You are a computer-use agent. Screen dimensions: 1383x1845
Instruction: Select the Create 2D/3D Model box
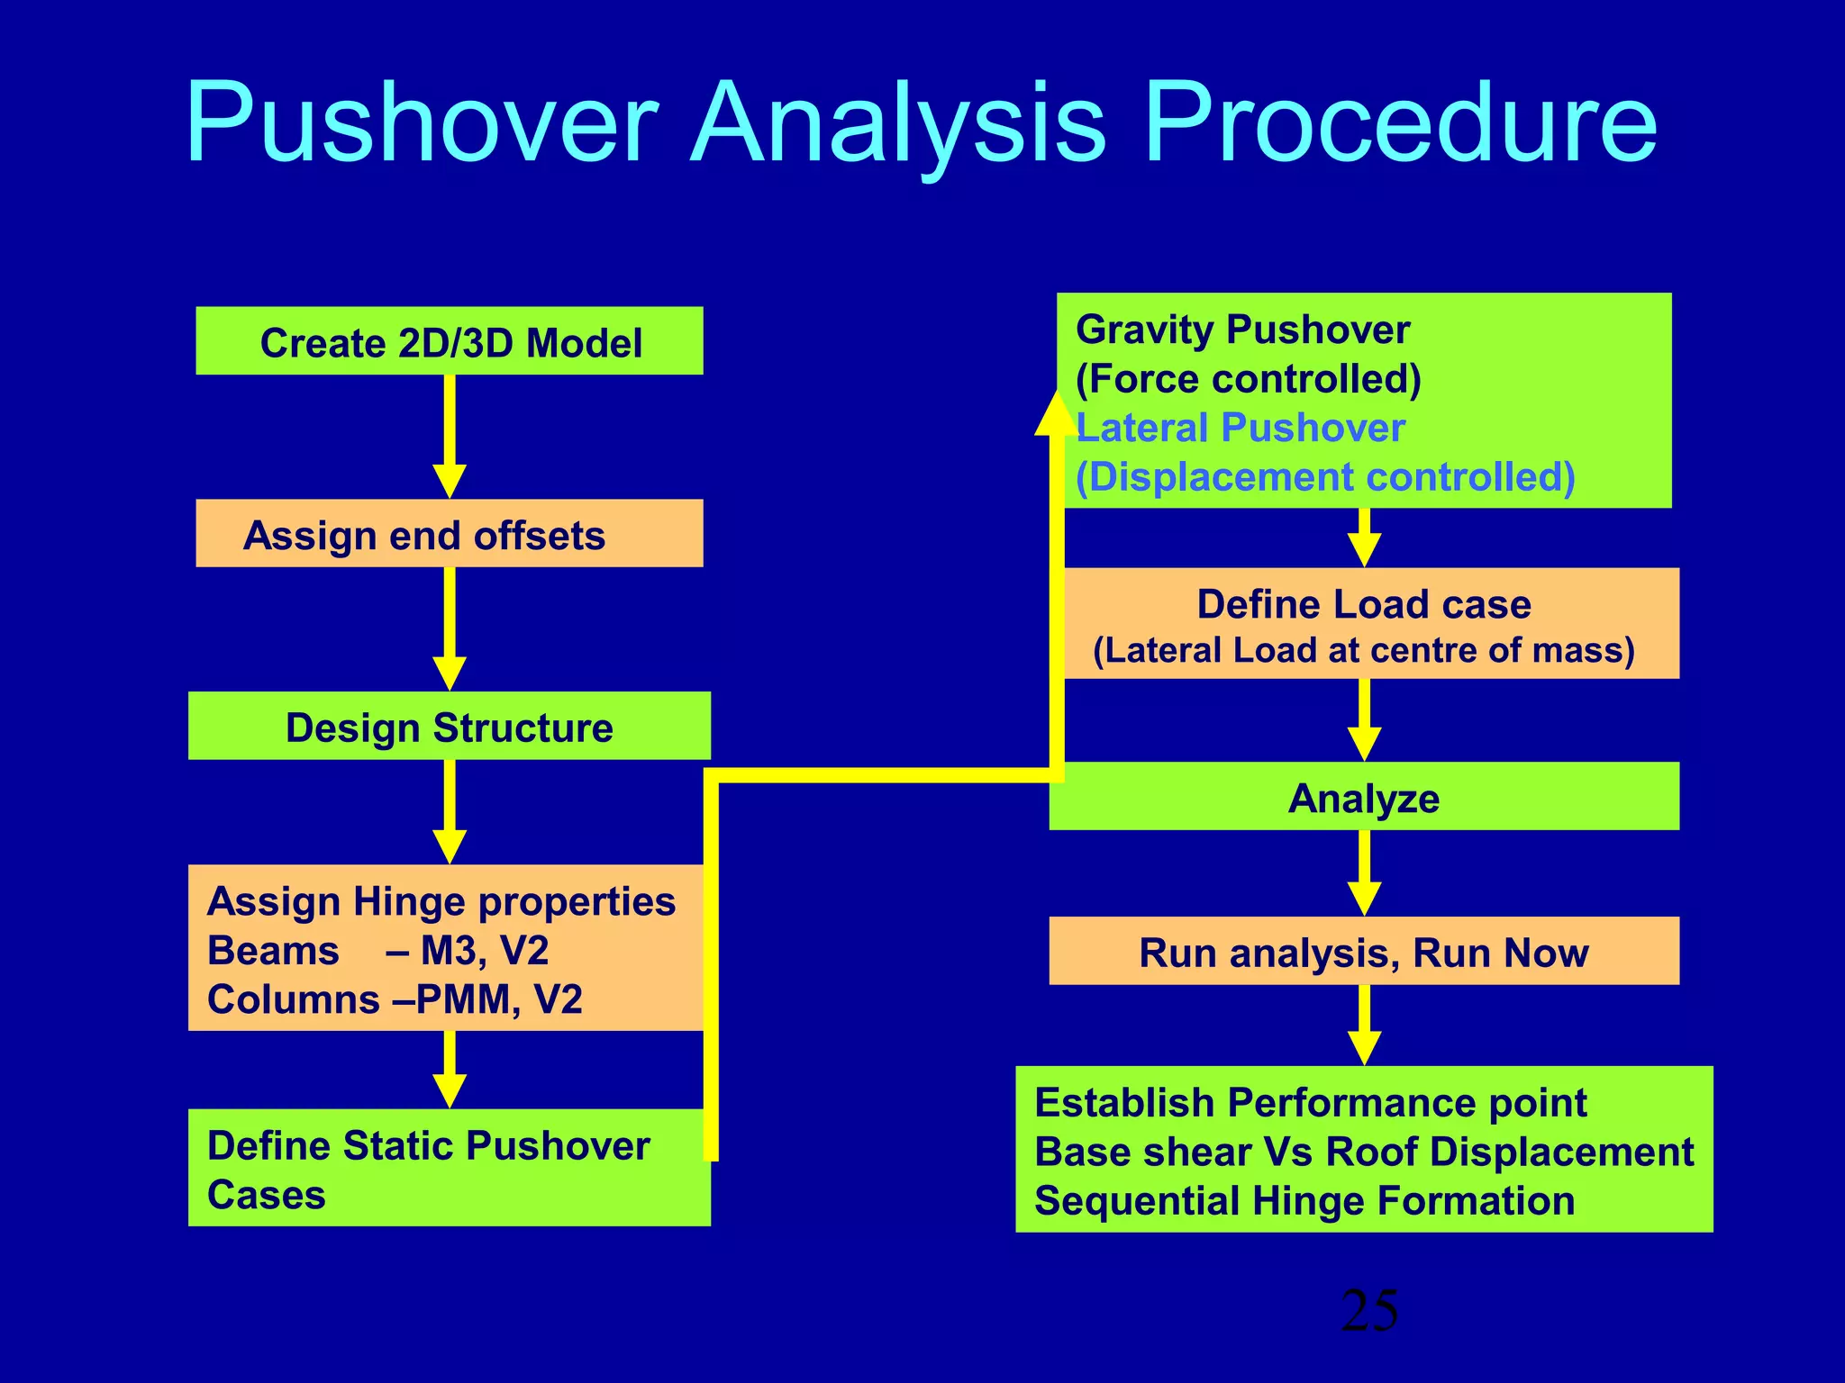coord(449,342)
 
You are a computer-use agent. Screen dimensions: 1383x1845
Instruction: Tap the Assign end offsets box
coord(449,535)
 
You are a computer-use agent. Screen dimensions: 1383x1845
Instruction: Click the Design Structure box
coord(449,727)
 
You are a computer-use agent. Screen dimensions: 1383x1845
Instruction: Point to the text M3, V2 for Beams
coord(484,951)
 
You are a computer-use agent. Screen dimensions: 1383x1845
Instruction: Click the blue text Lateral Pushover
coord(1241,428)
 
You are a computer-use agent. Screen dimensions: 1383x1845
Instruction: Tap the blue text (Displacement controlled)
coord(1324,477)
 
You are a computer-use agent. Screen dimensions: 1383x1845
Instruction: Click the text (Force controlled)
coord(1248,379)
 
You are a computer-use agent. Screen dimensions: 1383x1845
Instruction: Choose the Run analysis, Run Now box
coord(1363,952)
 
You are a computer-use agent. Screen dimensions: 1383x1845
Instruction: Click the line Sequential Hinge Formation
coord(1304,1201)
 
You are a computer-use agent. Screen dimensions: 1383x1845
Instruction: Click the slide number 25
coord(1368,1311)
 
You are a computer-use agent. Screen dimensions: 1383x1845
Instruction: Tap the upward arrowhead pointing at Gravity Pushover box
coord(1055,414)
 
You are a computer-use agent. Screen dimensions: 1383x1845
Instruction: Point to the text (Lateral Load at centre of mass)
coord(1363,650)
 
